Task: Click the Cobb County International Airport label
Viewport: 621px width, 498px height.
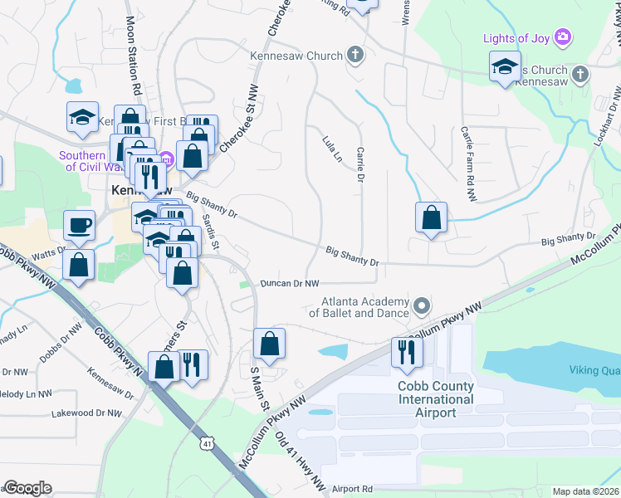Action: [x=436, y=399]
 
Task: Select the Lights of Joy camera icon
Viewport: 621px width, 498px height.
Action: [x=564, y=37]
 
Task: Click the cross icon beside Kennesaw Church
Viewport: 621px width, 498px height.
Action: [x=355, y=56]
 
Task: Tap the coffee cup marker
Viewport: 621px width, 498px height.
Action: [x=80, y=225]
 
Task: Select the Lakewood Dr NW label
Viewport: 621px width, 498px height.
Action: [x=86, y=413]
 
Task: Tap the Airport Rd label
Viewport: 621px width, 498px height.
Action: [x=352, y=490]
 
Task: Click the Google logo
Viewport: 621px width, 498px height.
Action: [x=28, y=488]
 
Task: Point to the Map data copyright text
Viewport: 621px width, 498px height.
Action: [x=586, y=491]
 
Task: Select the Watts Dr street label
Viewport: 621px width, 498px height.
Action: [x=49, y=251]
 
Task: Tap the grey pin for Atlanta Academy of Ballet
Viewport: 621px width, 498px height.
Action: [x=422, y=306]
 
